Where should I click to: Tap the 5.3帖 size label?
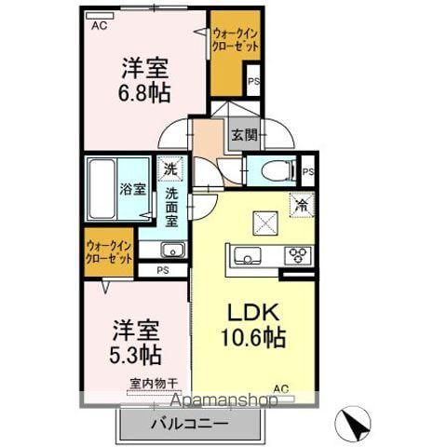tap(137, 354)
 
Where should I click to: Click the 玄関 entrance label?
tap(244, 135)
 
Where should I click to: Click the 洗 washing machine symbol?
tap(169, 169)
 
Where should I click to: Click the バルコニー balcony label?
tap(189, 424)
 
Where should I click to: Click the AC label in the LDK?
tap(279, 387)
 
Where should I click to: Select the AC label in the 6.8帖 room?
tap(99, 26)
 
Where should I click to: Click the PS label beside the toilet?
tap(307, 172)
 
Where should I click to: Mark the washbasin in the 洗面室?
tap(170, 251)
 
